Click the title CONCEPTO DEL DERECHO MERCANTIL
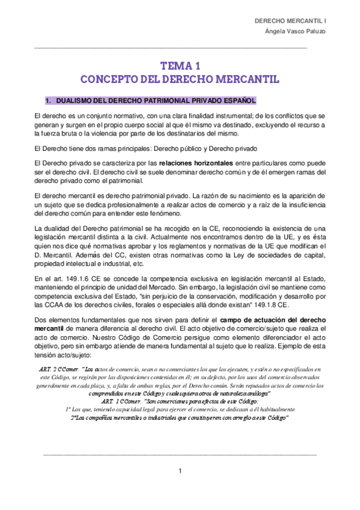click(180, 79)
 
